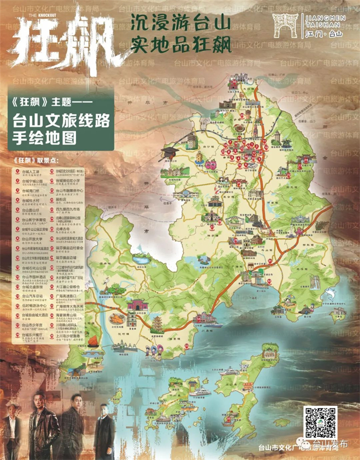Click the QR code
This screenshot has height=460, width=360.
pyautogui.click(x=321, y=422)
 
